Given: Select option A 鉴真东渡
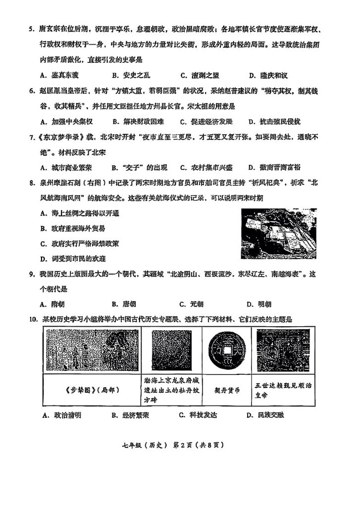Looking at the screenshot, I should [x=58, y=75].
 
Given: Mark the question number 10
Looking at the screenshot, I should [x=33, y=319].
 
